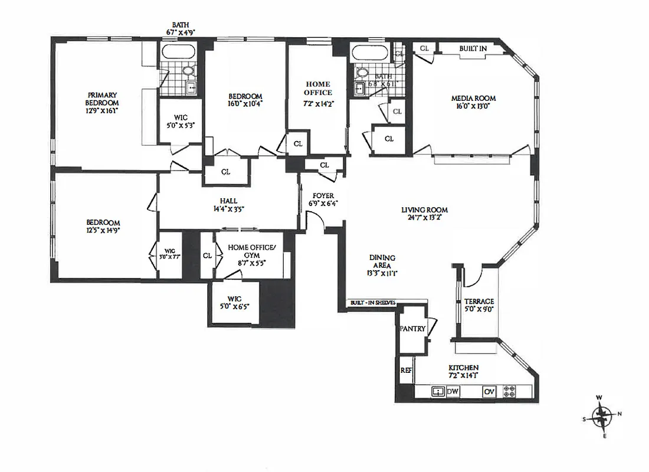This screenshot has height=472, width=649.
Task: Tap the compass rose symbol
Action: point(602,417)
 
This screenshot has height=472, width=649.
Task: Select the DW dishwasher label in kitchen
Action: point(453,391)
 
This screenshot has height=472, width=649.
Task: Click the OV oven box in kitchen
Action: point(489,391)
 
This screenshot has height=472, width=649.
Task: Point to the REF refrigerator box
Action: point(405,371)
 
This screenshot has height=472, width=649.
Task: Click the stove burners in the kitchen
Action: point(509,391)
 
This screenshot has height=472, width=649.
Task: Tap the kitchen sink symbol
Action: point(437,391)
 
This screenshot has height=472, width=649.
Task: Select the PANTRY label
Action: point(413,329)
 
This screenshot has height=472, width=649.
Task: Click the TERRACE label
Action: point(478,301)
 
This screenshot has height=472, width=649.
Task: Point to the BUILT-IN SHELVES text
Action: point(372,303)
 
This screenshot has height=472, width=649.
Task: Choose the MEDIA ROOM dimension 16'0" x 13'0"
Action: point(473,107)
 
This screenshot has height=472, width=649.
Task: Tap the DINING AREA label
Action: point(382,261)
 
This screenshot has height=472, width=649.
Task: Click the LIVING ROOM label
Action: point(424,209)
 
